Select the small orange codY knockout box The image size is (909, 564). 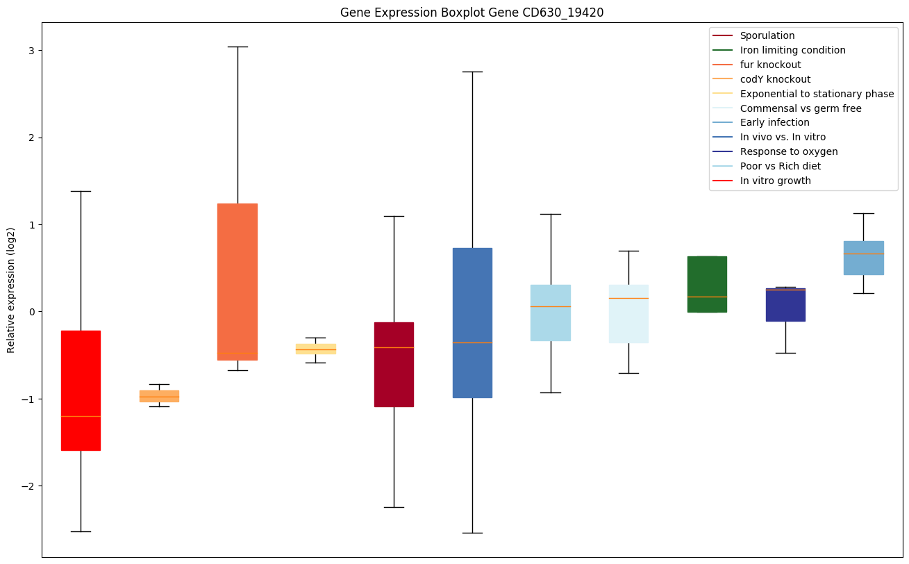pyautogui.click(x=159, y=396)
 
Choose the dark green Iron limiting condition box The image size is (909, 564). pyautogui.click(x=707, y=284)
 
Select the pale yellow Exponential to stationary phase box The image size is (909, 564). pyautogui.click(x=316, y=349)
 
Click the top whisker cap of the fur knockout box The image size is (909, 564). pyautogui.click(x=237, y=47)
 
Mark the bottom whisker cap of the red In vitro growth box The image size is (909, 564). pyautogui.click(x=81, y=531)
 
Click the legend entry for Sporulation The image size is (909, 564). pyautogui.click(x=767, y=35)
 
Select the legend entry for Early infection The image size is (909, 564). pyautogui.click(x=774, y=123)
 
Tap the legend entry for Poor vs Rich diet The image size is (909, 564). pyautogui.click(x=780, y=167)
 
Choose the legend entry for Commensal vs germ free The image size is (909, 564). pyautogui.click(x=800, y=108)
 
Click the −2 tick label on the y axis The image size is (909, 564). pyautogui.click(x=29, y=486)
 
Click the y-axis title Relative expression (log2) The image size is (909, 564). pyautogui.click(x=11, y=290)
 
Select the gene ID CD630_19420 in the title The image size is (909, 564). pyautogui.click(x=554, y=13)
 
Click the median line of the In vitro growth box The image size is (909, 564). pyautogui.click(x=81, y=416)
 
